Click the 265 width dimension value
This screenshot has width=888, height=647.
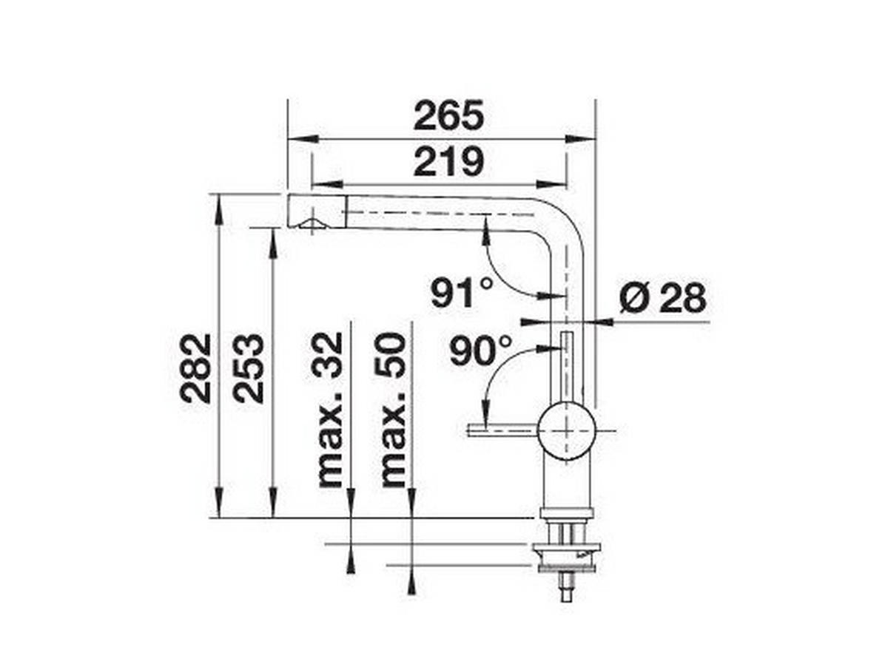click(x=448, y=116)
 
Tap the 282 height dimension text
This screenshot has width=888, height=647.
click(x=195, y=367)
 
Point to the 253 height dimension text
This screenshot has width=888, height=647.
click(x=249, y=367)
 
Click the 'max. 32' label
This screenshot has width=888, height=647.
click(x=330, y=410)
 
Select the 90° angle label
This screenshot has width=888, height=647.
click(x=480, y=350)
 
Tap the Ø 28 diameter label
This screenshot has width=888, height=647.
click(x=662, y=298)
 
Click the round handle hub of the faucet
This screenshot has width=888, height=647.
click(x=566, y=430)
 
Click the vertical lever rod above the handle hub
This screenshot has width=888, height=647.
click(x=566, y=366)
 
